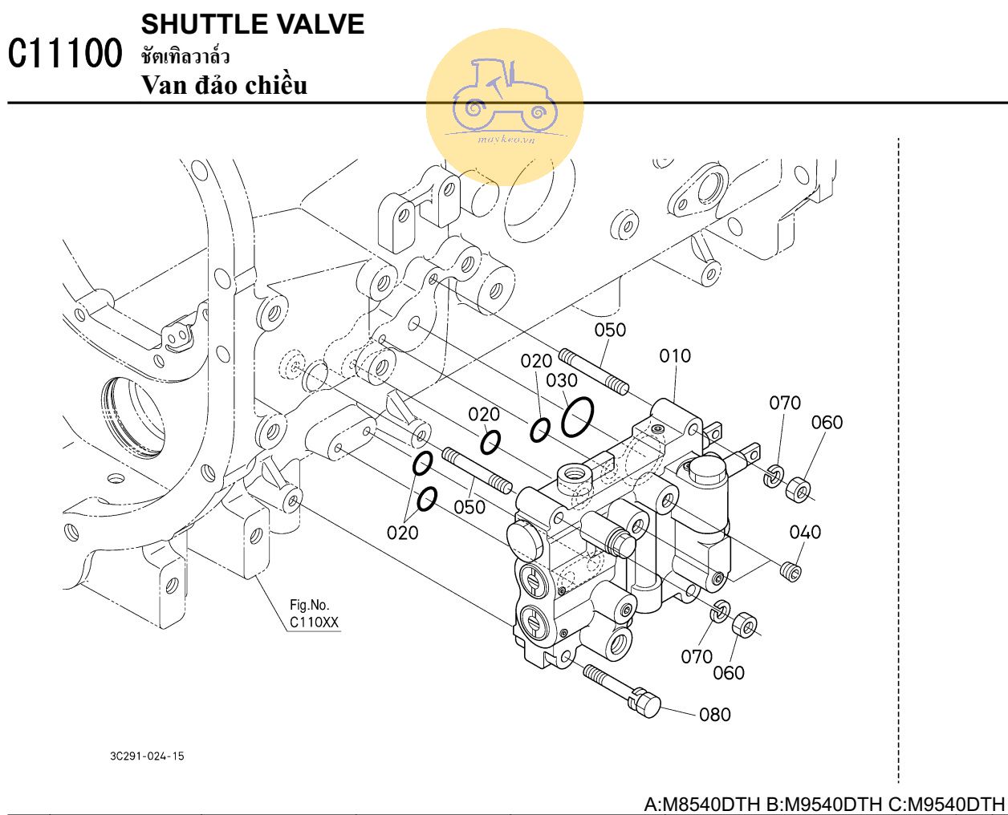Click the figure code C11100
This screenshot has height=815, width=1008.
coord(65,54)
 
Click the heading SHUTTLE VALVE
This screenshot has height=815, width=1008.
coord(253,25)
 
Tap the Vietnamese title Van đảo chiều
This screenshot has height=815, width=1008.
coord(225,86)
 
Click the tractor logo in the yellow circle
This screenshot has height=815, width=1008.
coord(505,95)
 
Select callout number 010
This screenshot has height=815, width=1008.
coord(675,356)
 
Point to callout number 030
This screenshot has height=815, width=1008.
coord(562,380)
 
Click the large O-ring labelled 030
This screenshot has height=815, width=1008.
coord(577,416)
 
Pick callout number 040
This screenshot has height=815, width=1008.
coord(805,533)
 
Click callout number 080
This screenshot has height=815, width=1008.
coord(715,715)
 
